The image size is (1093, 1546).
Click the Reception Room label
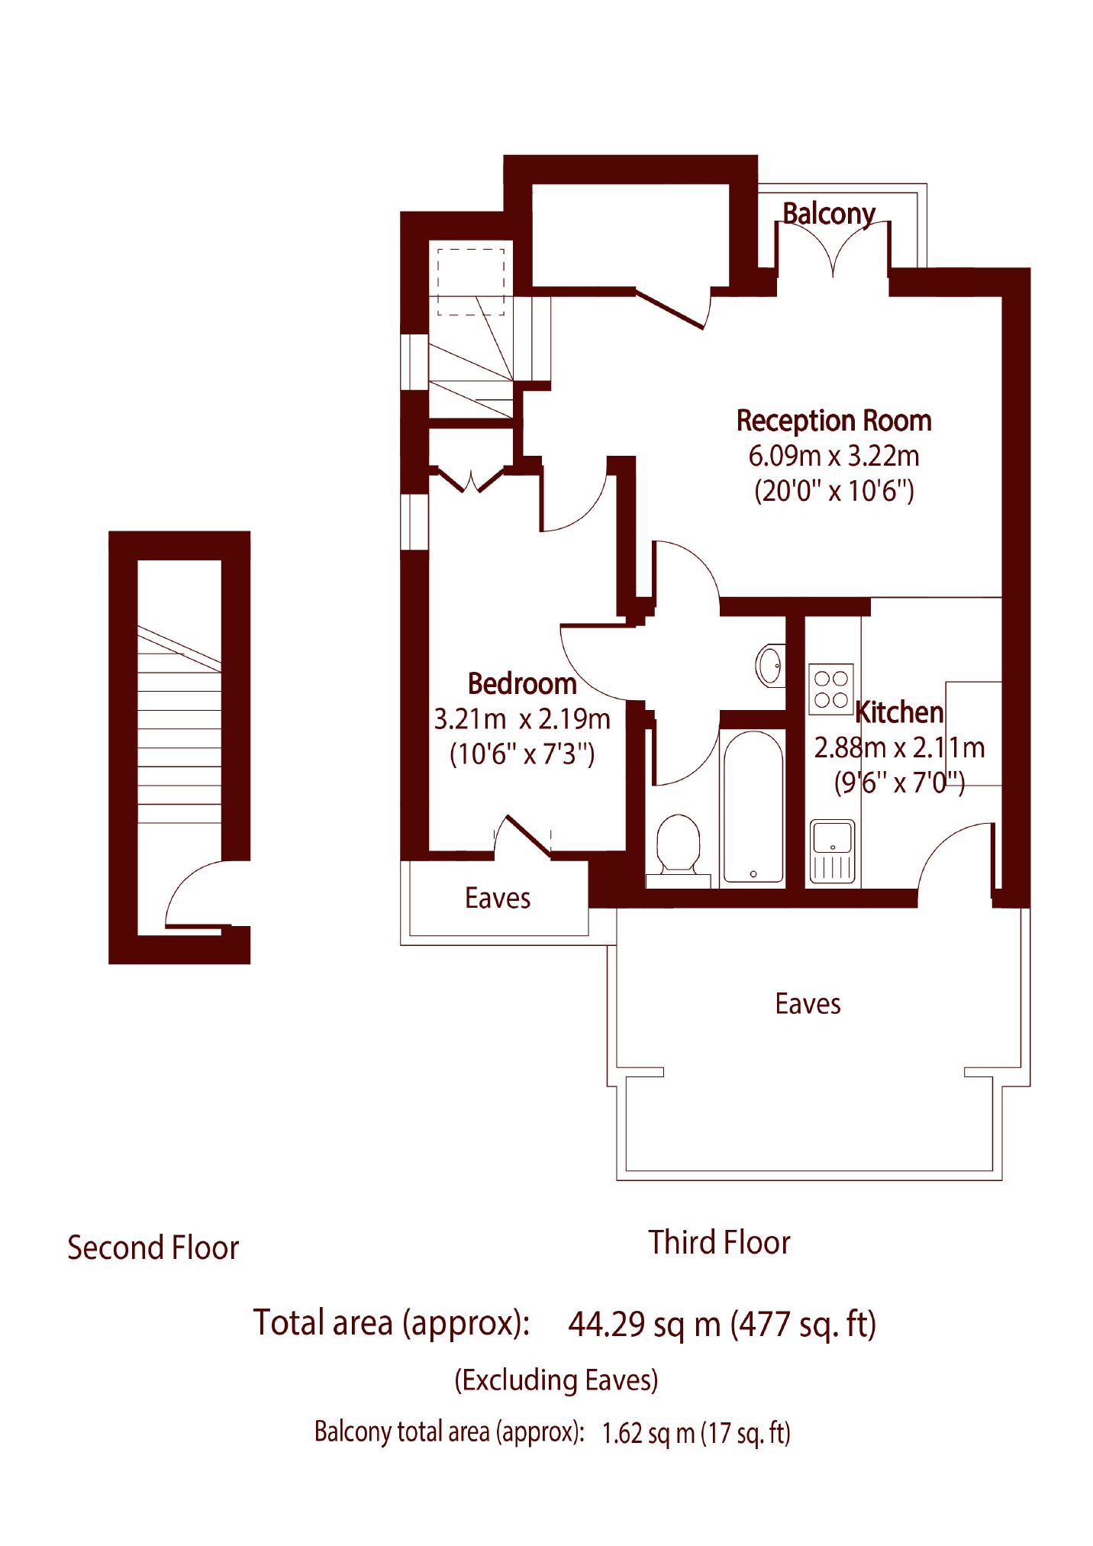point(833,421)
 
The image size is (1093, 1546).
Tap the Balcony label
point(829,214)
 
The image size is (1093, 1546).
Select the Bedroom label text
point(522,684)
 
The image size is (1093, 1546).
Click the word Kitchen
point(899,712)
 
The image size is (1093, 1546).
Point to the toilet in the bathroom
point(679,845)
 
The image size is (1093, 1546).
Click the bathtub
point(753,807)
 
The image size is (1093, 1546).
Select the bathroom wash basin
point(770,666)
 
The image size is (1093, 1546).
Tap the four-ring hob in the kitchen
point(830,689)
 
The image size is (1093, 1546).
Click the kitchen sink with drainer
point(832,851)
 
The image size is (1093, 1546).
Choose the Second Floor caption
point(153,1248)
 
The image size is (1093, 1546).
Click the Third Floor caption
point(719,1242)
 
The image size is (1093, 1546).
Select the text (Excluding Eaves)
point(556,1380)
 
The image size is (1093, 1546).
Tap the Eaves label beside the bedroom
point(498,899)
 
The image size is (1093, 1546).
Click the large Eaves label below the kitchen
point(808,1004)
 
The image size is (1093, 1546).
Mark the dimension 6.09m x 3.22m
point(833,456)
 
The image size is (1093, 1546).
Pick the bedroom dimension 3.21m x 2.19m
point(522,719)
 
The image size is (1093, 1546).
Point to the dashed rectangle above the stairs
point(471,282)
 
